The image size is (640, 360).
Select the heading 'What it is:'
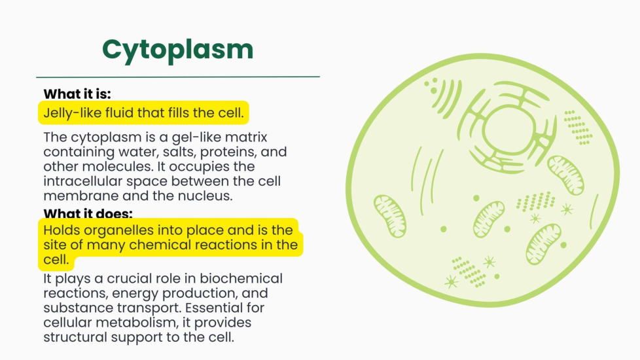click(77, 94)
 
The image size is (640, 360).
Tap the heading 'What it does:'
click(88, 213)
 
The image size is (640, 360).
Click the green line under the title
click(178, 77)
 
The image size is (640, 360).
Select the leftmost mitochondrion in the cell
click(390, 216)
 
